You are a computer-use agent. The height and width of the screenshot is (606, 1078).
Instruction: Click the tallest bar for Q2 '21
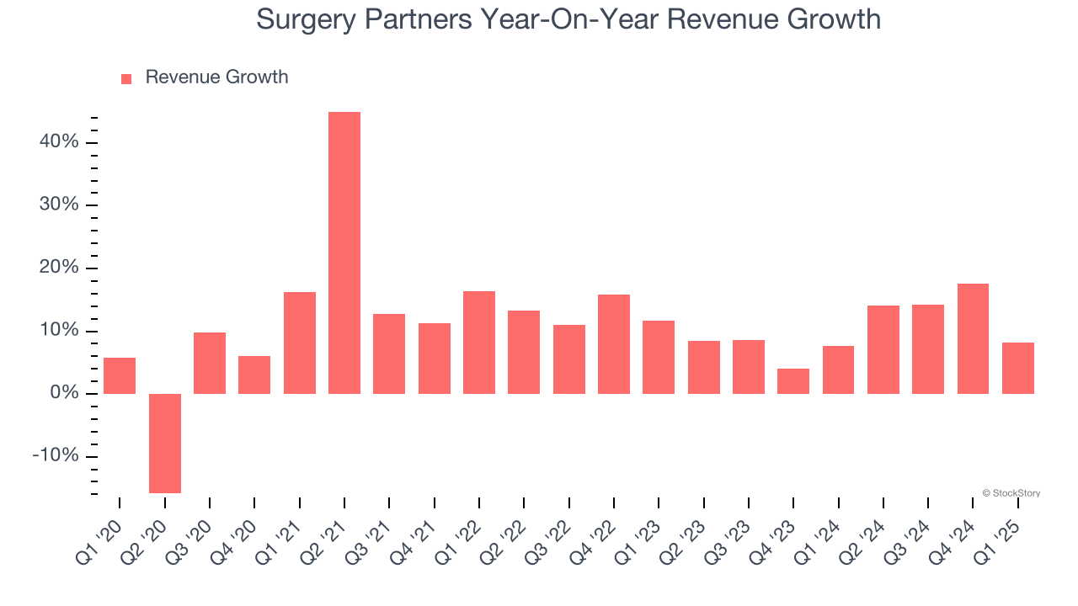coord(344,252)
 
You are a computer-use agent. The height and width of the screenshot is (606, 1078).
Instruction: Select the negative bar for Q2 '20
coord(164,443)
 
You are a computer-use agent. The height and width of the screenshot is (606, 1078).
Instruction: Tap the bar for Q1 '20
coord(120,375)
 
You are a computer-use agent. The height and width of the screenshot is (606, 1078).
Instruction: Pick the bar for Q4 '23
coord(793,381)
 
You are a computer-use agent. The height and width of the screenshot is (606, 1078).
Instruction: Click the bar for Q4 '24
coord(973,338)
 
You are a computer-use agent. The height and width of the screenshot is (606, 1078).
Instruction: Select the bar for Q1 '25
coord(1017,368)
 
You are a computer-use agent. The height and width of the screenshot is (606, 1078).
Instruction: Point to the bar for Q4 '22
coord(614,344)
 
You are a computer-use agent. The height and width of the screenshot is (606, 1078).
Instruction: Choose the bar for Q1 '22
coord(479,343)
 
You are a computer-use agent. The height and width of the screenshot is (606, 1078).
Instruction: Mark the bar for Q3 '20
coord(210,363)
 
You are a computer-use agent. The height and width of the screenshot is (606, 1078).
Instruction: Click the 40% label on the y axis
coord(58,142)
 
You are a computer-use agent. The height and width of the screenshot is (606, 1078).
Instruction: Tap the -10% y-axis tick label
coord(55,456)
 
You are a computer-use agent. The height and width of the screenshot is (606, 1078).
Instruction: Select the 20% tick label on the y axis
coord(58,268)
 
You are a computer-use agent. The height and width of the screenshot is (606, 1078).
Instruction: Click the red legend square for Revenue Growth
coord(126,78)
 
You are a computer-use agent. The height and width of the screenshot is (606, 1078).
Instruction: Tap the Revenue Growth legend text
coord(216,77)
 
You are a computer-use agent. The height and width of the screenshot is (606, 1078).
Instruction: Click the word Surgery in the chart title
coord(306,19)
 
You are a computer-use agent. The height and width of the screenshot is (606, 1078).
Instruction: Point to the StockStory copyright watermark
coord(1011,493)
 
